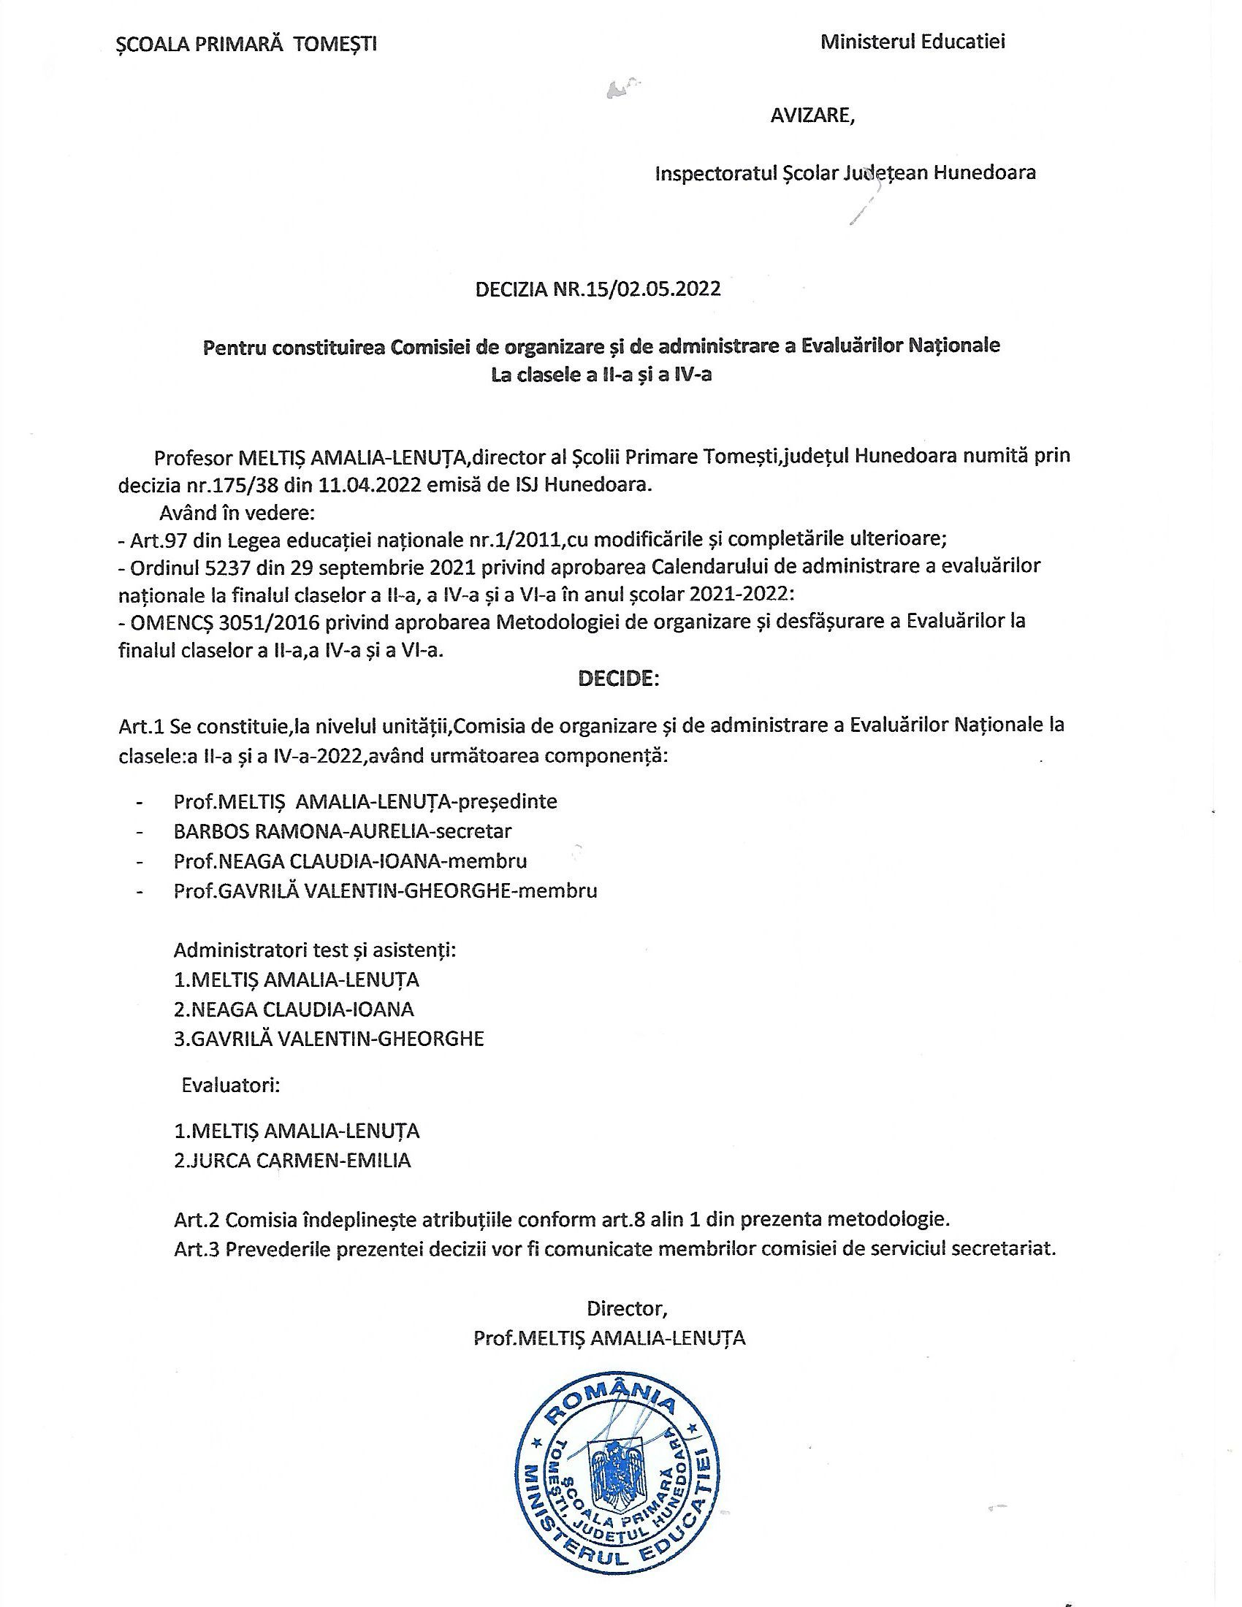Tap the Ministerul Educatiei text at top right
point(913,42)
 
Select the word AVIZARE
point(812,116)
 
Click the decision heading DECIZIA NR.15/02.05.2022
point(598,289)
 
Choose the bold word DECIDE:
point(619,678)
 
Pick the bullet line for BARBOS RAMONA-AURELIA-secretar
point(342,831)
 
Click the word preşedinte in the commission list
point(508,801)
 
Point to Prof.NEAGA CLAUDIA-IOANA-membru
point(350,860)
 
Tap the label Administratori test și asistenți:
point(315,950)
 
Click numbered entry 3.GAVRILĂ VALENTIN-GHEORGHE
point(329,1038)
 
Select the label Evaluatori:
point(230,1085)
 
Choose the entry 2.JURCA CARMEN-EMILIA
point(292,1161)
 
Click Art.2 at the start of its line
point(197,1219)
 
